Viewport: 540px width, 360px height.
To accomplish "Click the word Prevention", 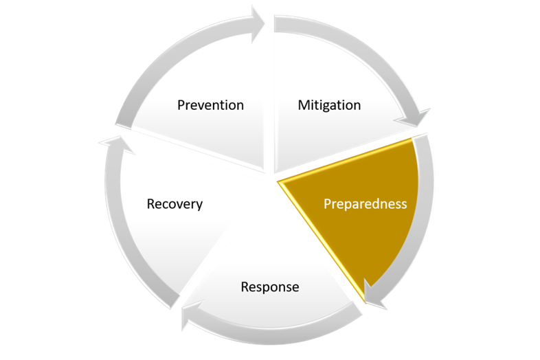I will pos(210,105).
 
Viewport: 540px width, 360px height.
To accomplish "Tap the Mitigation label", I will pos(329,105).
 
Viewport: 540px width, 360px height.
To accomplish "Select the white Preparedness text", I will pos(365,204).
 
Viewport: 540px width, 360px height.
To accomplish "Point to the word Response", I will pos(270,286).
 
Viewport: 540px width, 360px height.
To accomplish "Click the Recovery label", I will pos(175,204).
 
